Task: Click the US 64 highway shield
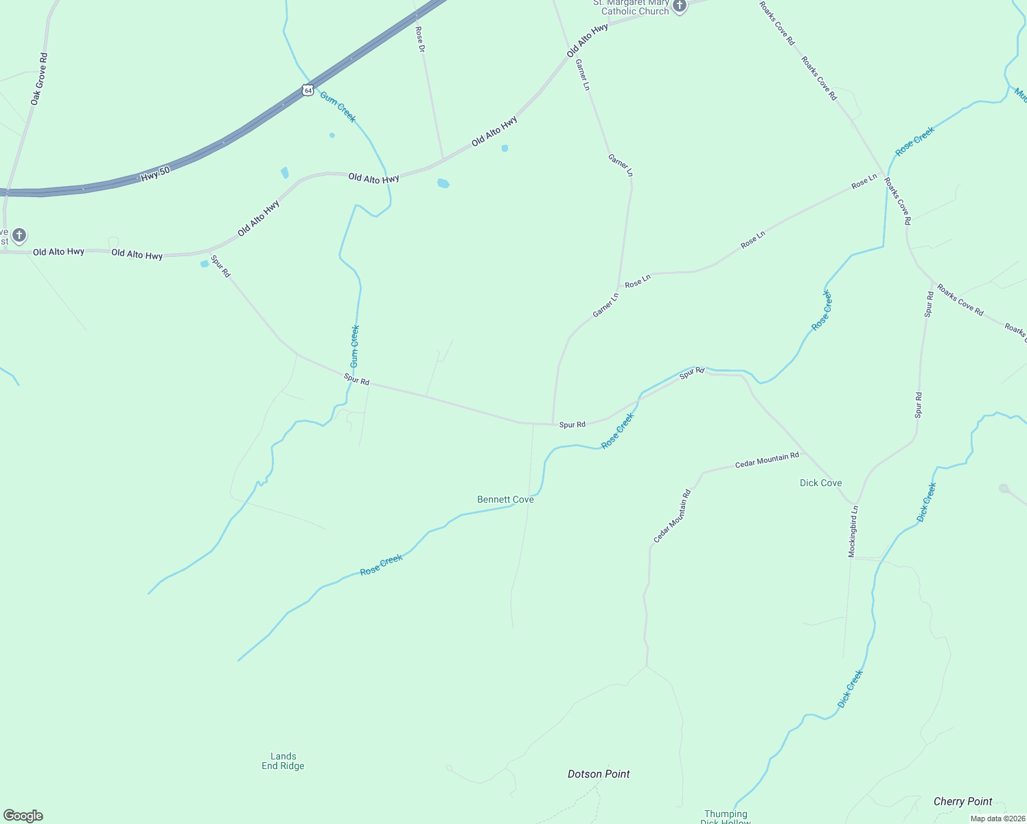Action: pyautogui.click(x=308, y=90)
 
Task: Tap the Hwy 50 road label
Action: pyautogui.click(x=155, y=174)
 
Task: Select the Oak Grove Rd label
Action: pyautogui.click(x=39, y=79)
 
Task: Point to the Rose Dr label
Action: pyautogui.click(x=420, y=39)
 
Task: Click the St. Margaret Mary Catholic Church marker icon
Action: pyautogui.click(x=680, y=7)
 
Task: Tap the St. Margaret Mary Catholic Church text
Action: pyautogui.click(x=632, y=8)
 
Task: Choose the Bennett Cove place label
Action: pyautogui.click(x=505, y=499)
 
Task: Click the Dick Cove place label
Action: pyautogui.click(x=820, y=483)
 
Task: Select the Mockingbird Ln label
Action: pyautogui.click(x=853, y=531)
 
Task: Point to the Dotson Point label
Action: pyautogui.click(x=599, y=774)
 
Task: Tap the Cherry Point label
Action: pyautogui.click(x=962, y=801)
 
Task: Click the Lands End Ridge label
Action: pyautogui.click(x=283, y=761)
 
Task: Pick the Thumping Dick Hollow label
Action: pyautogui.click(x=726, y=817)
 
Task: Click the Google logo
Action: pyautogui.click(x=23, y=816)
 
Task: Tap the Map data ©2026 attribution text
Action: pyautogui.click(x=997, y=819)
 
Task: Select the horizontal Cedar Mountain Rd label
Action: pyautogui.click(x=767, y=460)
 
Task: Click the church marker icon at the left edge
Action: pyautogui.click(x=19, y=236)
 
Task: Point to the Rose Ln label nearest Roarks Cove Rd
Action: pyautogui.click(x=864, y=181)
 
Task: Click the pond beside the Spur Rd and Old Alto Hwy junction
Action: pyautogui.click(x=204, y=264)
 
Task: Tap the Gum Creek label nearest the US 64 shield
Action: pyautogui.click(x=338, y=107)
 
